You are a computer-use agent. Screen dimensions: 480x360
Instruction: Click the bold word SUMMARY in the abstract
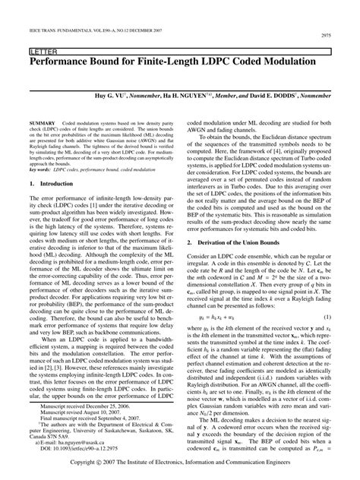pos(42,122)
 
